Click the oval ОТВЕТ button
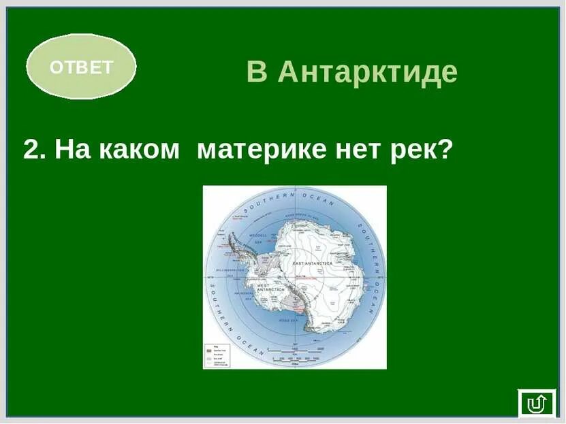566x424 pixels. tap(81, 67)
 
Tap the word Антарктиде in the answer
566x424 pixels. tap(368, 72)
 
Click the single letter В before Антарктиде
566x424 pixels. tap(257, 72)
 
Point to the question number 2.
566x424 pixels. tap(33, 150)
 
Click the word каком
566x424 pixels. tap(139, 150)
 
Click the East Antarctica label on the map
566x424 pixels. tap(311, 263)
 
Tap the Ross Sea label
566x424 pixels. tap(288, 319)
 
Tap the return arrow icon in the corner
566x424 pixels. tap(537, 404)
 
